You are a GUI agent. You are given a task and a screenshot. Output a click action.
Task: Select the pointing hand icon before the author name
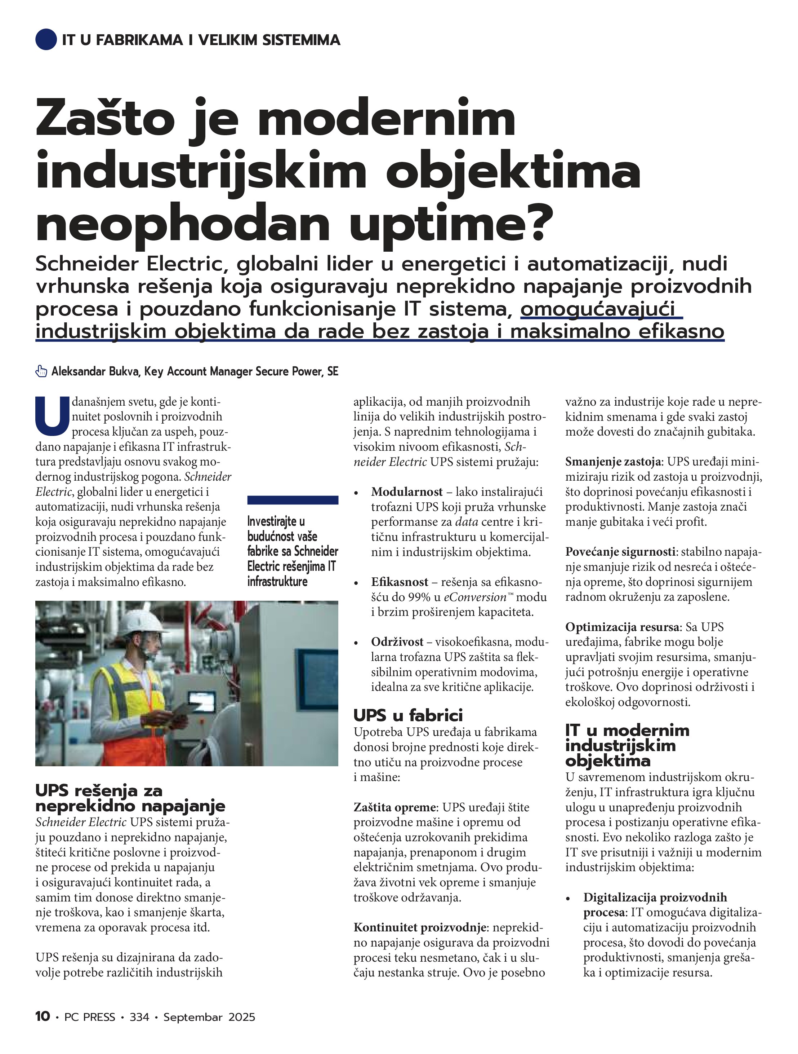pos(41,372)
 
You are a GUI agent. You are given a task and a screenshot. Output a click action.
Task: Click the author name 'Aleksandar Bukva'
pos(95,372)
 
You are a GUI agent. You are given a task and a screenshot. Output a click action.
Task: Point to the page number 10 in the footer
pos(43,1017)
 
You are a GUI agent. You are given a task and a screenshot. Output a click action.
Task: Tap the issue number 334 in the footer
pos(139,1017)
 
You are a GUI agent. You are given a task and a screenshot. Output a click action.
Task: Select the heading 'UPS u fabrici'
pos(408,715)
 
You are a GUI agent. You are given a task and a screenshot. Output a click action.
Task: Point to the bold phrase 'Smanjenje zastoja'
pos(613,462)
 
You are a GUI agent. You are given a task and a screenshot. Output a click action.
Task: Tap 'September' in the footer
pos(192,1017)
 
